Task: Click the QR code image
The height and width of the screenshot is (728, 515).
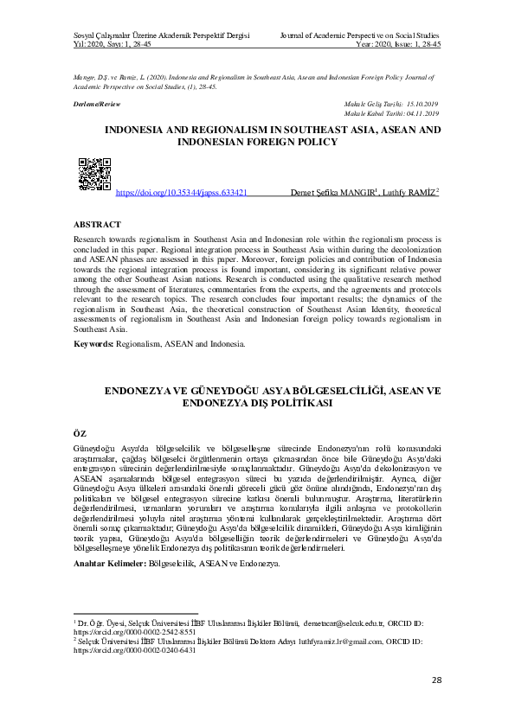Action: point(94,175)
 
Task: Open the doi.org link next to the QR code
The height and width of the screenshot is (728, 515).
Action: point(181,193)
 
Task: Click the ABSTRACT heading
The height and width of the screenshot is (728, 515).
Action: point(97,222)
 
